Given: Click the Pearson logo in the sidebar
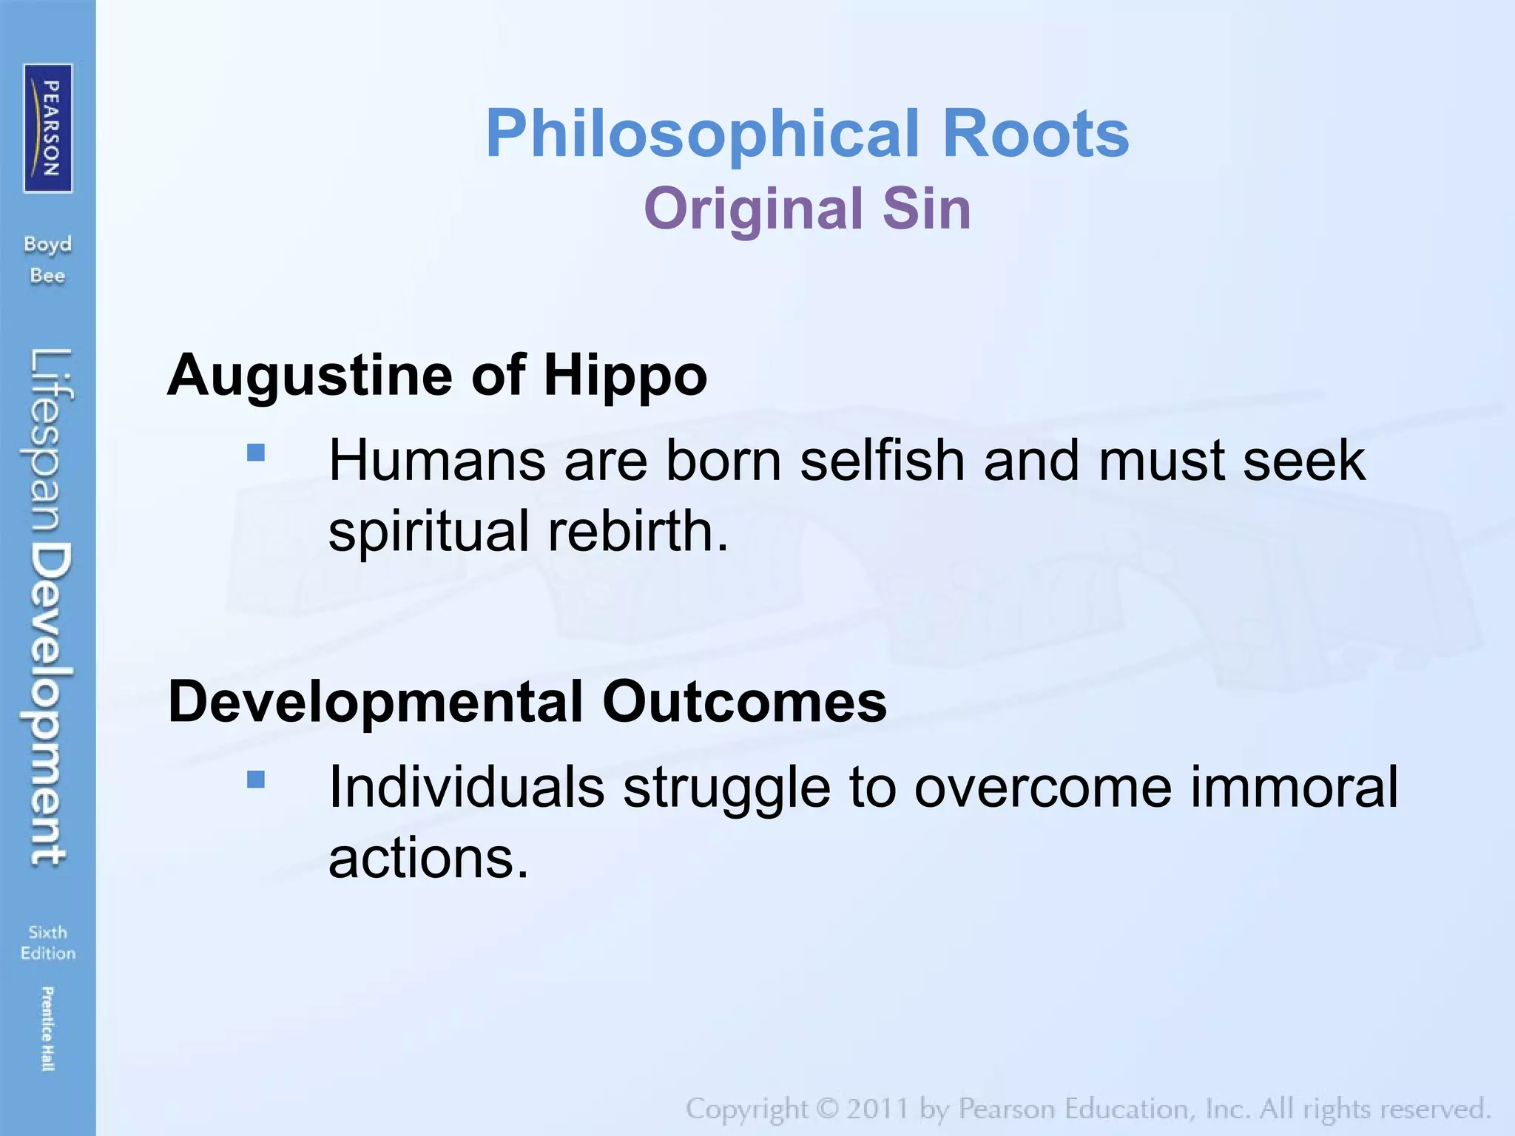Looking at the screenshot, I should (x=48, y=128).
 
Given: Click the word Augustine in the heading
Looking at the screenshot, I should (x=309, y=376).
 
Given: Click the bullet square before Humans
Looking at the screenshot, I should (x=256, y=452).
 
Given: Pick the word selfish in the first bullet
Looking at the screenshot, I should (x=883, y=461).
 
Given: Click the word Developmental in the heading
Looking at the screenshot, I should (x=376, y=701).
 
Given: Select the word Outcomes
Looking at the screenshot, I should (x=744, y=701).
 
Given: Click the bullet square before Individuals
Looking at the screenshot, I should (x=256, y=780).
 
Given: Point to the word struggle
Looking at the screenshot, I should (x=726, y=788).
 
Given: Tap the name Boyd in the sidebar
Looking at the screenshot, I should (x=48, y=244).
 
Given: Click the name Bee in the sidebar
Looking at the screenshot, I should (x=48, y=276).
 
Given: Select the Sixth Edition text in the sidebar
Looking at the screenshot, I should (x=48, y=942).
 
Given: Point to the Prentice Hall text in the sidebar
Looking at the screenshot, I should (x=47, y=1028).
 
